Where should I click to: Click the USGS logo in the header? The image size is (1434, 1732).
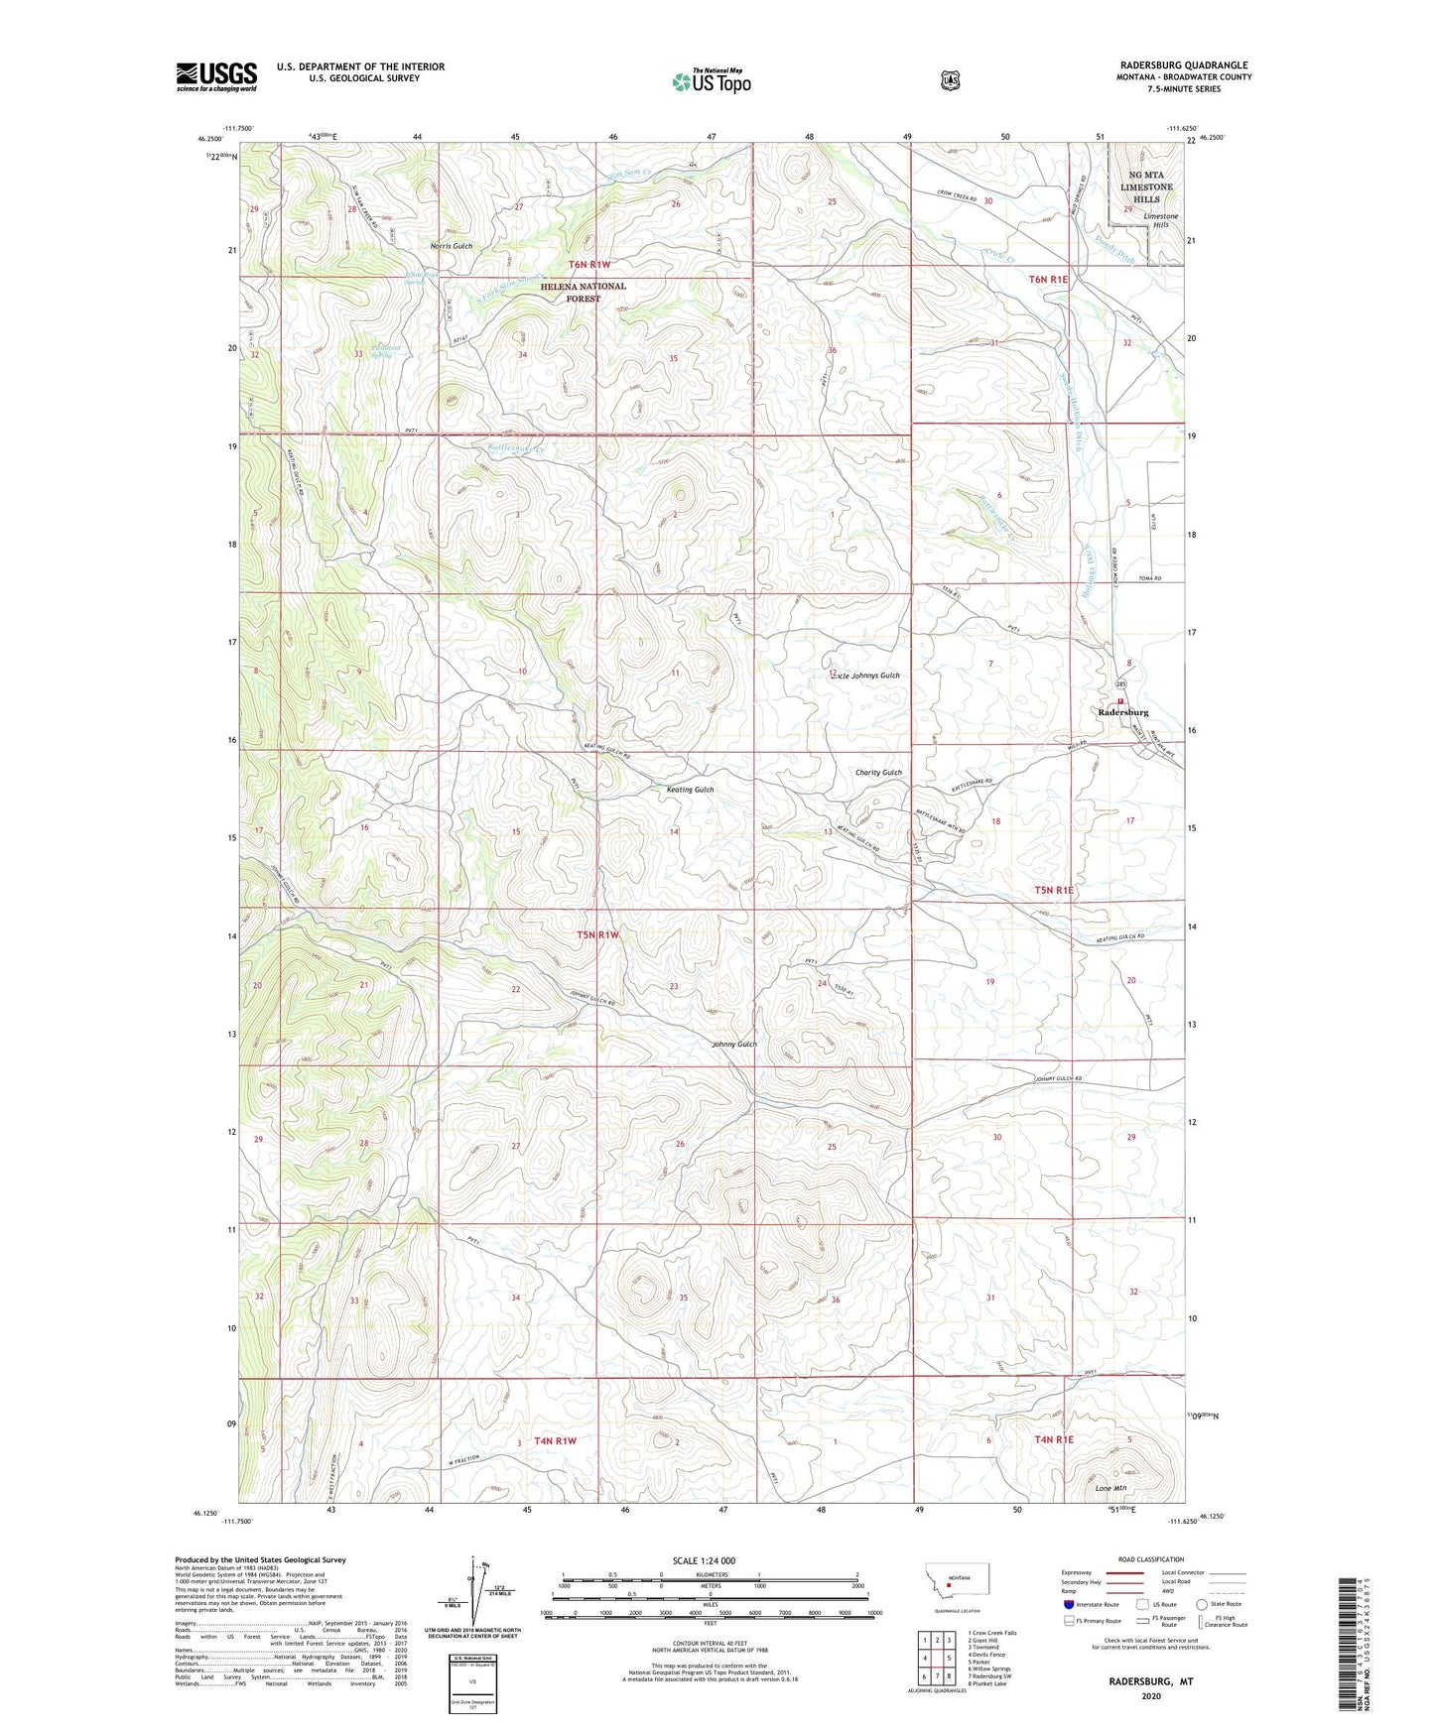coord(216,76)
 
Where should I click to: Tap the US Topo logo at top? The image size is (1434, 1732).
coord(711,81)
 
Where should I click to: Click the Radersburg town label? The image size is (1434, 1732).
coord(1123,712)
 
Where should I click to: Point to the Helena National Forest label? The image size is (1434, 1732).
coord(583,292)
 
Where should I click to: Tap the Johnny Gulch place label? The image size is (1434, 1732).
coord(734,1044)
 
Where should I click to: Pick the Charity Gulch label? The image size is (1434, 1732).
coord(878,773)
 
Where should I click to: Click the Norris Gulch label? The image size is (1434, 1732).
coord(452,245)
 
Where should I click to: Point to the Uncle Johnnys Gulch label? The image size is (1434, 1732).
coord(864,676)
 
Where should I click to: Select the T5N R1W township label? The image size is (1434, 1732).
coord(598,934)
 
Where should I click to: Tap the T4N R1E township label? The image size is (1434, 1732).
coord(1054,1439)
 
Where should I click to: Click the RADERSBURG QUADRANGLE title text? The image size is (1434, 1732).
coord(1182,64)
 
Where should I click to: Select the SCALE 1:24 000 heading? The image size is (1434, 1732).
coord(704,1560)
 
